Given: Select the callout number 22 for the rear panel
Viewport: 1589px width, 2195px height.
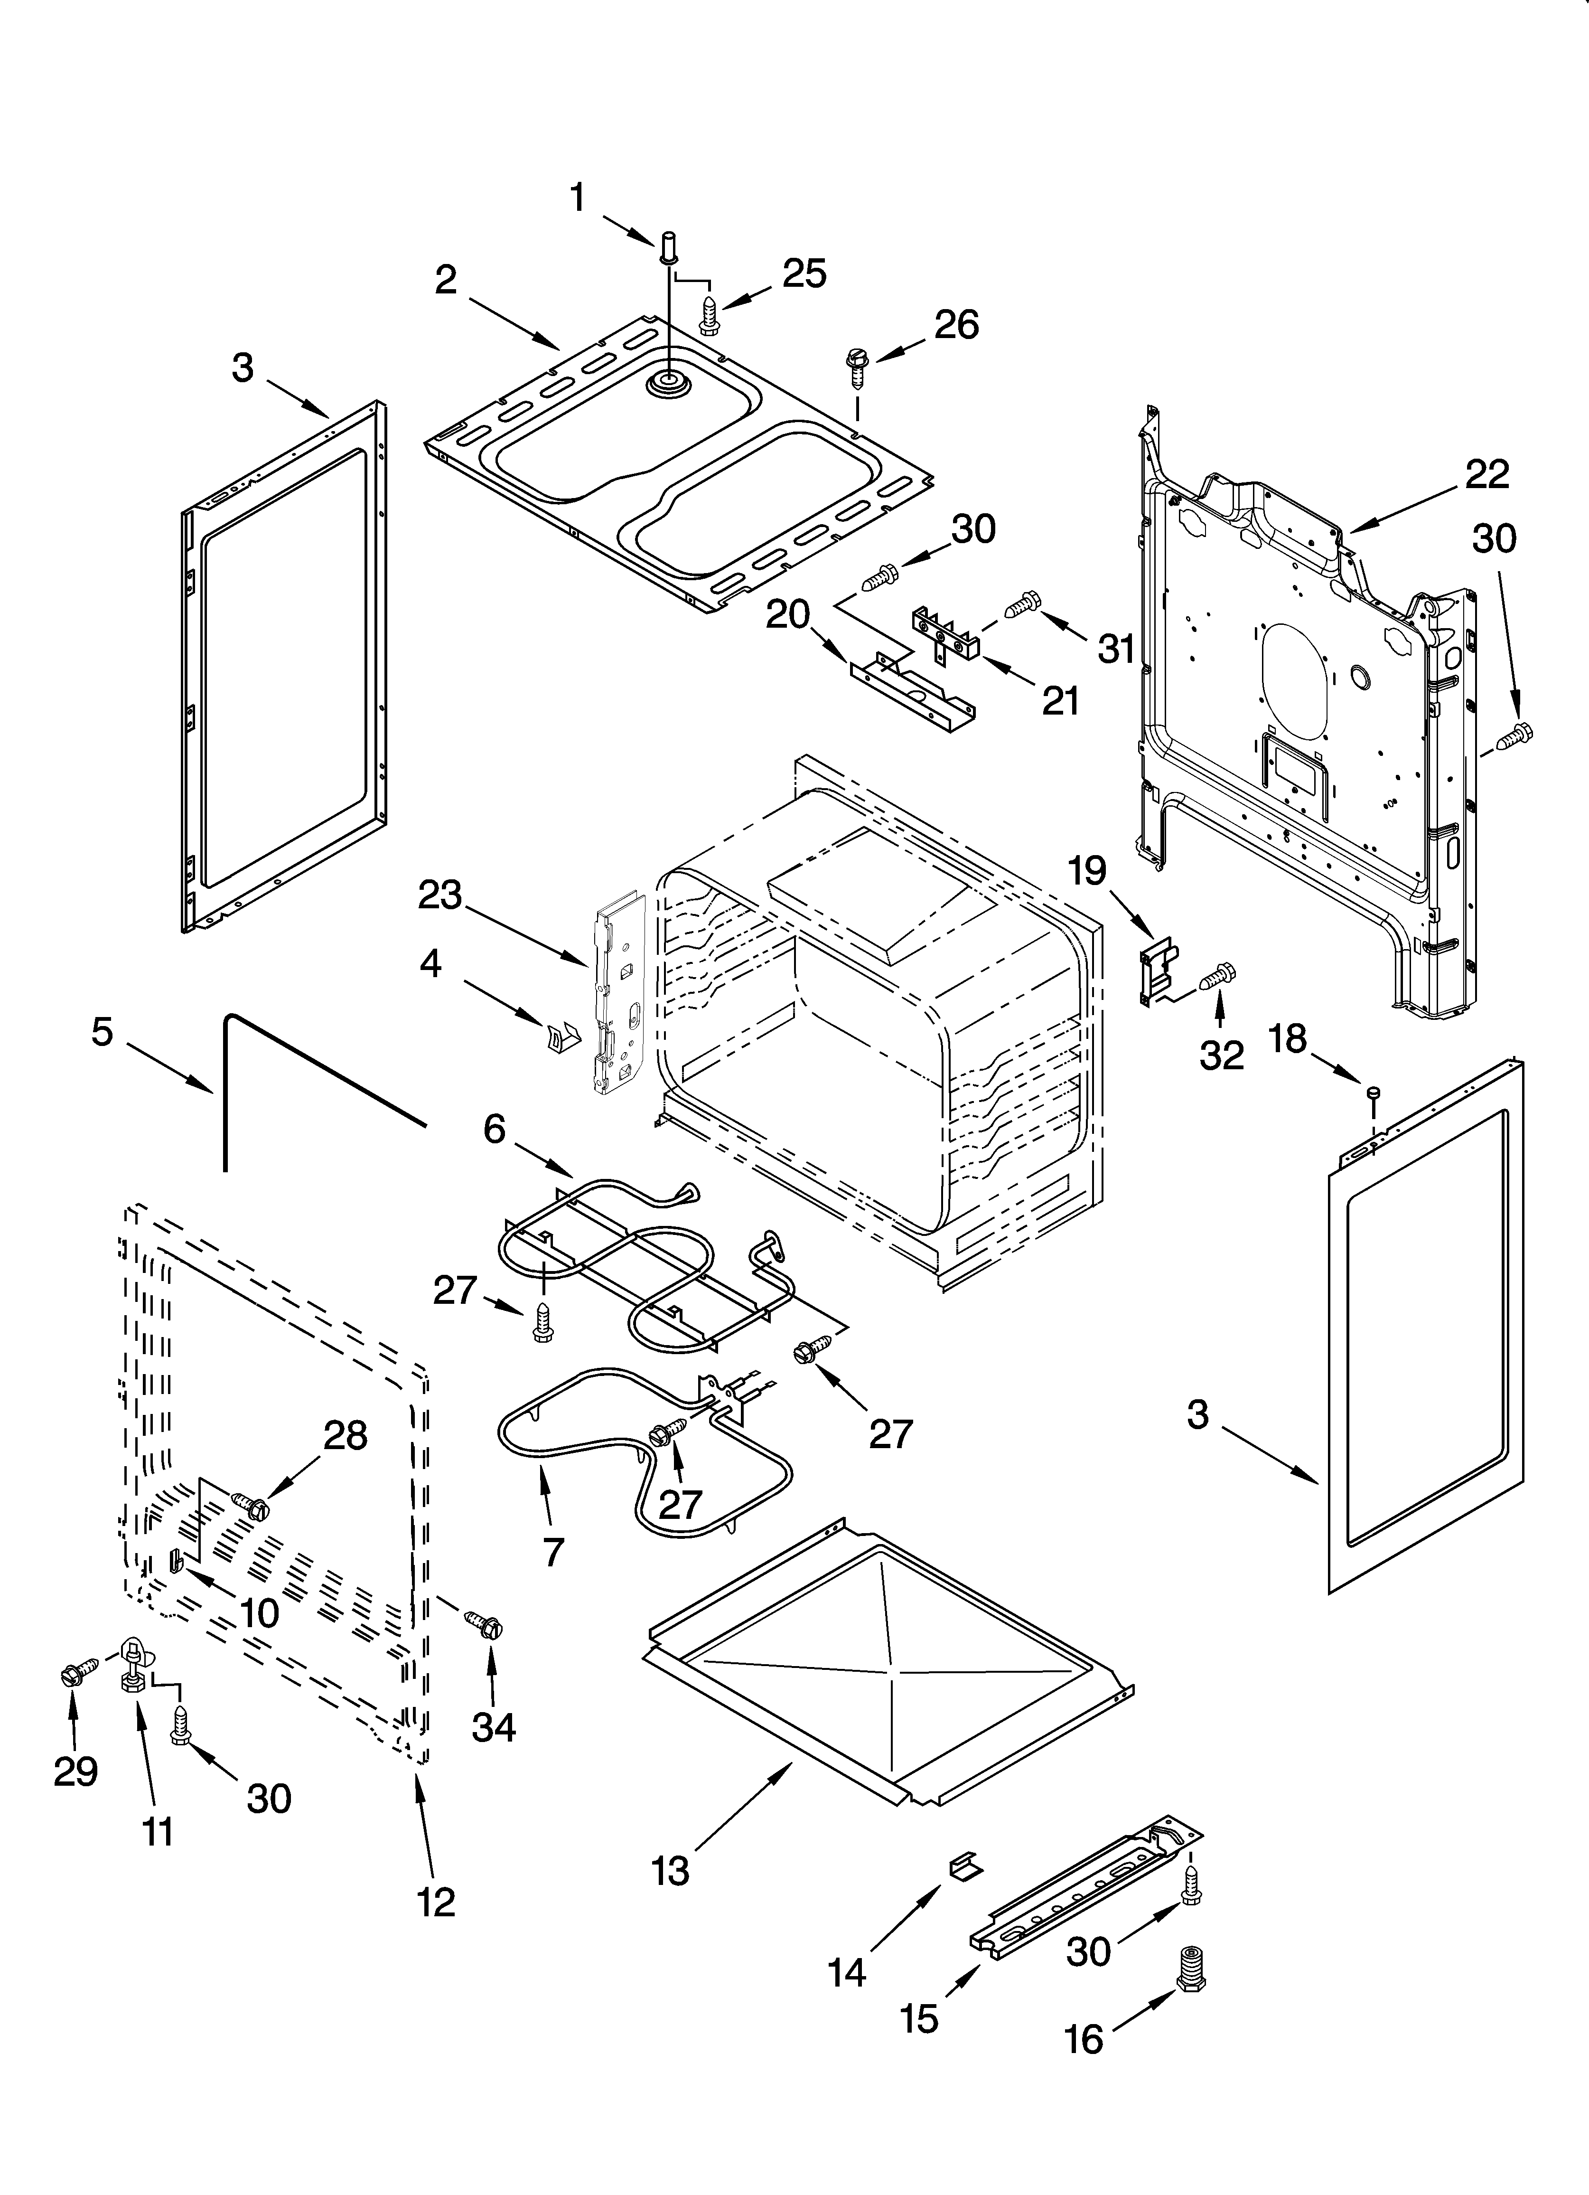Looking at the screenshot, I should click(1486, 474).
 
